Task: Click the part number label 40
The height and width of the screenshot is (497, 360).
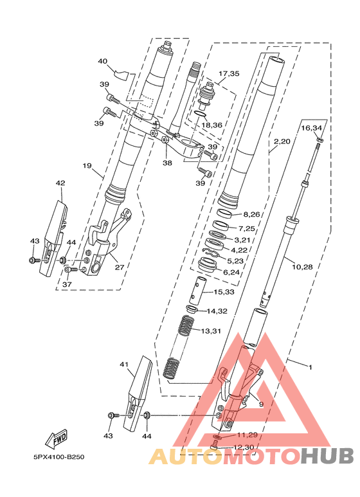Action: pos(102,61)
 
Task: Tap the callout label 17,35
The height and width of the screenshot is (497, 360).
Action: pos(229,73)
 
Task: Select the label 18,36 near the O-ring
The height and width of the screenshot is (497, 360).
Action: pos(212,125)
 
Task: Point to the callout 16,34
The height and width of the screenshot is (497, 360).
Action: pos(312,128)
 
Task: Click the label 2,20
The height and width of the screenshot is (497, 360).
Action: pos(282,141)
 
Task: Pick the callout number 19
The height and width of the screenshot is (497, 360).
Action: pos(87,165)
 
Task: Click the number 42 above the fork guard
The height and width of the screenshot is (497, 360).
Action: pos(60,183)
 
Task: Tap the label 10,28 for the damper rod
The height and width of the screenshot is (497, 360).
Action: pos(302,267)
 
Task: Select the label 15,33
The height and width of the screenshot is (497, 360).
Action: pos(224,292)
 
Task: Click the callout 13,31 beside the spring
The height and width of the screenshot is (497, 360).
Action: pos(211,331)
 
